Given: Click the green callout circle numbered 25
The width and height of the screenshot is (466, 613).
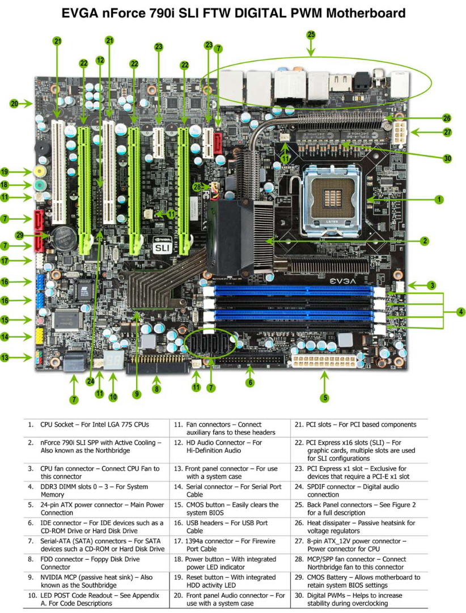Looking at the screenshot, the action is [311, 35].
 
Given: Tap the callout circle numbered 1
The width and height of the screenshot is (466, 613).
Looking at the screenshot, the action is [439, 199].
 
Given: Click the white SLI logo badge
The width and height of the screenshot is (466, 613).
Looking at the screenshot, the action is [162, 248].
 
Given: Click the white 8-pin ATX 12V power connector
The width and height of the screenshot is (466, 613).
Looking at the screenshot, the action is [399, 132].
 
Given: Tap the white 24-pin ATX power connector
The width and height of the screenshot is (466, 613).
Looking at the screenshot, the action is [323, 361].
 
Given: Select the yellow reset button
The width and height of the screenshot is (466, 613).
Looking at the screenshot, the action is [39, 171].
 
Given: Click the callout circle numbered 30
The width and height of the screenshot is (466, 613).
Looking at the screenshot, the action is [447, 158].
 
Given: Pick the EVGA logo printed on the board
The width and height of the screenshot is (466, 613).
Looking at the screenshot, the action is [343, 280].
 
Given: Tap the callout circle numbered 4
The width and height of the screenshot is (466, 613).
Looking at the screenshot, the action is [461, 312].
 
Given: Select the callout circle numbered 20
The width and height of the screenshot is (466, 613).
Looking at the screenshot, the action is [15, 104].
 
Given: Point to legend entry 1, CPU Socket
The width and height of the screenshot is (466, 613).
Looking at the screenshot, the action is [88, 424].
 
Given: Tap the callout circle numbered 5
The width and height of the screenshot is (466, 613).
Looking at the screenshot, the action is [324, 398].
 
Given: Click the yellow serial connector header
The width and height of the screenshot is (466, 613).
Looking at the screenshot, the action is [39, 336].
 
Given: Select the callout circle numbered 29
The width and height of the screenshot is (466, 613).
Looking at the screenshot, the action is [20, 235].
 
